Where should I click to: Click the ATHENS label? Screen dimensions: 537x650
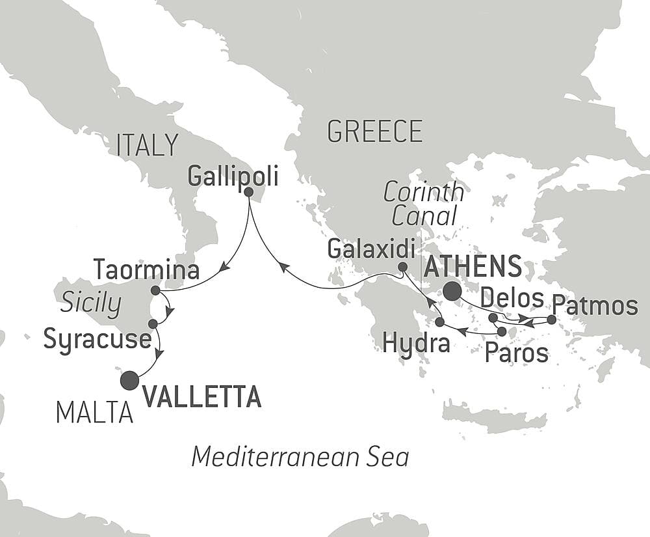pyautogui.click(x=473, y=267)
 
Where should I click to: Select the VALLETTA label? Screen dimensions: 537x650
pyautogui.click(x=201, y=396)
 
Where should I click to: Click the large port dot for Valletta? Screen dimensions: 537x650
pyautogui.click(x=130, y=379)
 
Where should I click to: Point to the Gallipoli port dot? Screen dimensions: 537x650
pyautogui.click(x=249, y=192)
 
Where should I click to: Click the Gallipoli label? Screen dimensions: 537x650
pyautogui.click(x=232, y=175)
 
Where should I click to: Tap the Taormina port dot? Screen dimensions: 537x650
pyautogui.click(x=155, y=290)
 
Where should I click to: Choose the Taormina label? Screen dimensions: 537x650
pyautogui.click(x=146, y=269)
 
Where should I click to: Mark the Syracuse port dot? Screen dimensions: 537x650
pyautogui.click(x=153, y=324)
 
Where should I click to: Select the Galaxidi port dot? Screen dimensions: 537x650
pyautogui.click(x=402, y=267)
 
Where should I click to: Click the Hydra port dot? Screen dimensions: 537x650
pyautogui.click(x=439, y=322)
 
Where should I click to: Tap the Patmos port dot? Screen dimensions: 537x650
pyautogui.click(x=552, y=320)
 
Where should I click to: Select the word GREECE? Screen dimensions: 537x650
pyautogui.click(x=375, y=131)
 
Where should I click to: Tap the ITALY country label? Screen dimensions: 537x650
pyautogui.click(x=147, y=145)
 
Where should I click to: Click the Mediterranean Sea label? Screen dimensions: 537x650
pyautogui.click(x=300, y=457)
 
